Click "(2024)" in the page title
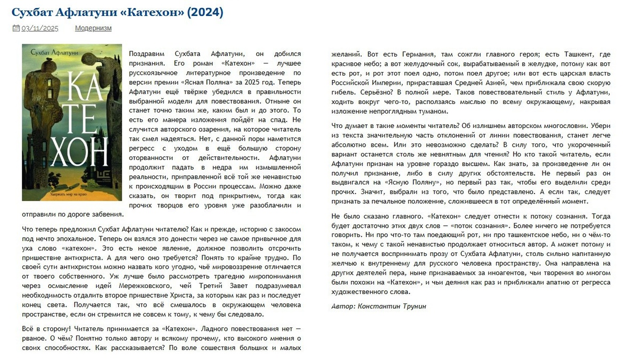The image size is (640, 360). click(x=205, y=12)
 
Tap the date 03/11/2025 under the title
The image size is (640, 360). click(x=40, y=28)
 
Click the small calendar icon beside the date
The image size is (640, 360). click(x=16, y=28)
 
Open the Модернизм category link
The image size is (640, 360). click(x=93, y=28)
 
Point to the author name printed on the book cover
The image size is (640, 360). click(x=47, y=52)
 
